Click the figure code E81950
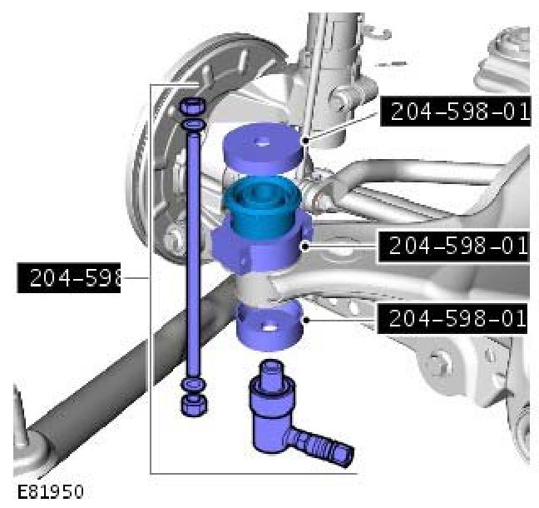(50, 491)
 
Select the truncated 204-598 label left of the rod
(69, 278)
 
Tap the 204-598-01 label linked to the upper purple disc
(456, 111)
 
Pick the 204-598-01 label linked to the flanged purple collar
(453, 246)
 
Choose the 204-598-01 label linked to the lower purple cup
(452, 318)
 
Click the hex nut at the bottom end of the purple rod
(194, 406)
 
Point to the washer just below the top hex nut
(194, 124)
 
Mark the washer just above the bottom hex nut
(194, 384)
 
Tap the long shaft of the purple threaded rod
(194, 255)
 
